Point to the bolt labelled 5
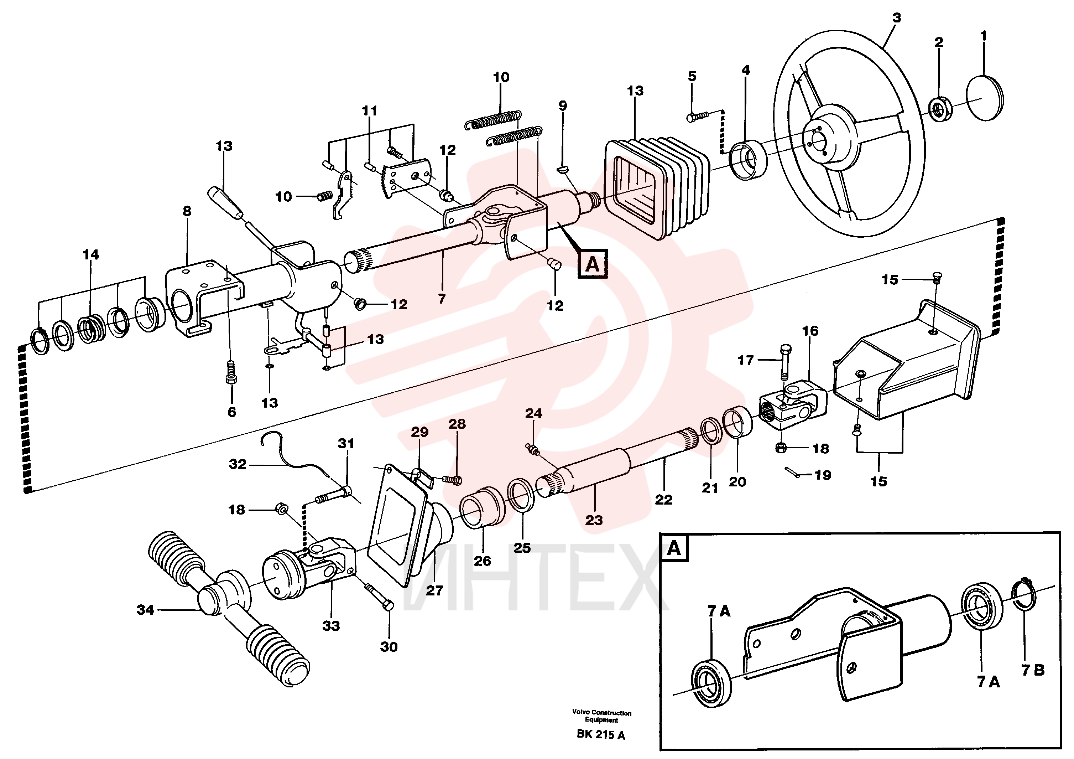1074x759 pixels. [698, 115]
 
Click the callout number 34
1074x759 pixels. [145, 609]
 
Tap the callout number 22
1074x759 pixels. [663, 500]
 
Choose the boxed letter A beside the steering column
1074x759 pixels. [592, 264]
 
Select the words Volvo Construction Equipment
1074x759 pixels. [601, 716]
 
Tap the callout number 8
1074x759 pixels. [187, 211]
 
